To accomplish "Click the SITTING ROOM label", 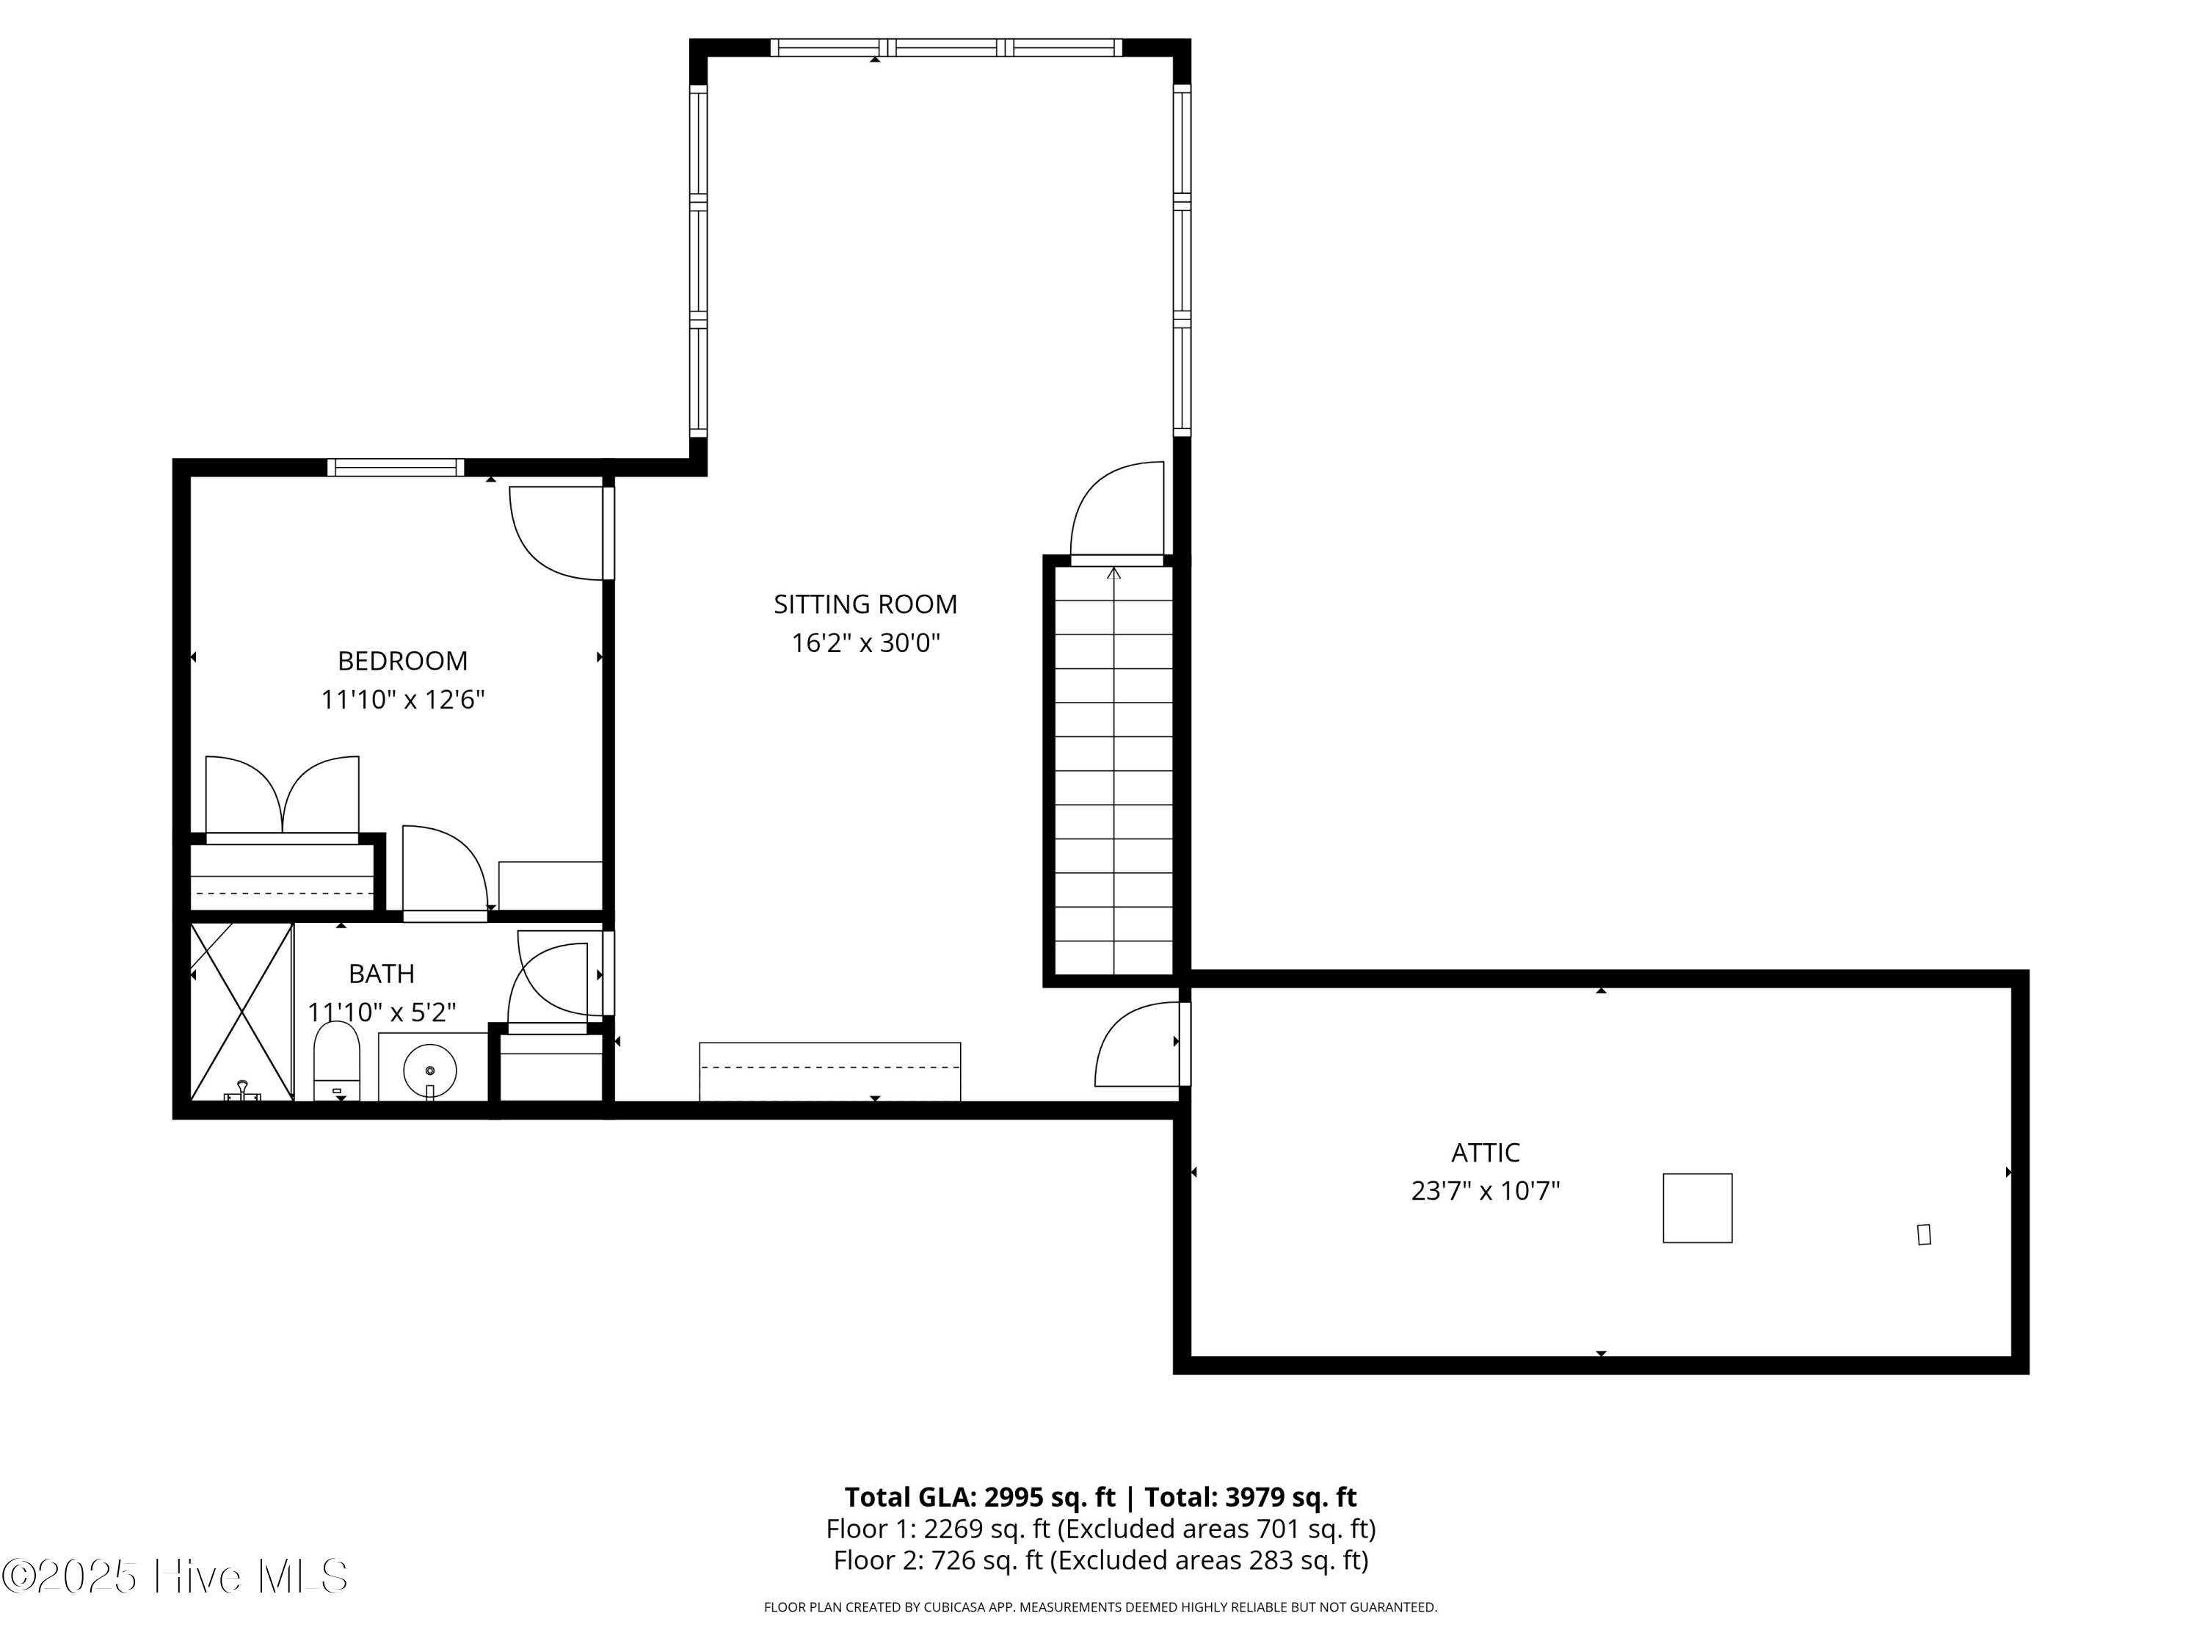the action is click(x=865, y=604).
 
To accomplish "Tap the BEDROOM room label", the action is click(x=402, y=662).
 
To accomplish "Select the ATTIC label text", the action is click(x=1486, y=1153).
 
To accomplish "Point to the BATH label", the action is click(x=381, y=974).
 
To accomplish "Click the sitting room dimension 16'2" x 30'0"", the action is click(x=865, y=643).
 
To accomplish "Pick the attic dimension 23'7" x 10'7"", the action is click(x=1486, y=1191).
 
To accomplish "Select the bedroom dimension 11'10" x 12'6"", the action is click(x=402, y=700).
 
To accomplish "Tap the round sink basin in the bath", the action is click(x=430, y=1071).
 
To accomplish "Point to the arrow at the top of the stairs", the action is click(x=1114, y=573).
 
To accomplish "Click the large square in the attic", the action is click(x=1697, y=1208).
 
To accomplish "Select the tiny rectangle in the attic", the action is click(x=1925, y=1235).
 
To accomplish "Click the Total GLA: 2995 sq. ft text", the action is click(x=981, y=1496).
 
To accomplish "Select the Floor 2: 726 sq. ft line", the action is click(x=1101, y=1559).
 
